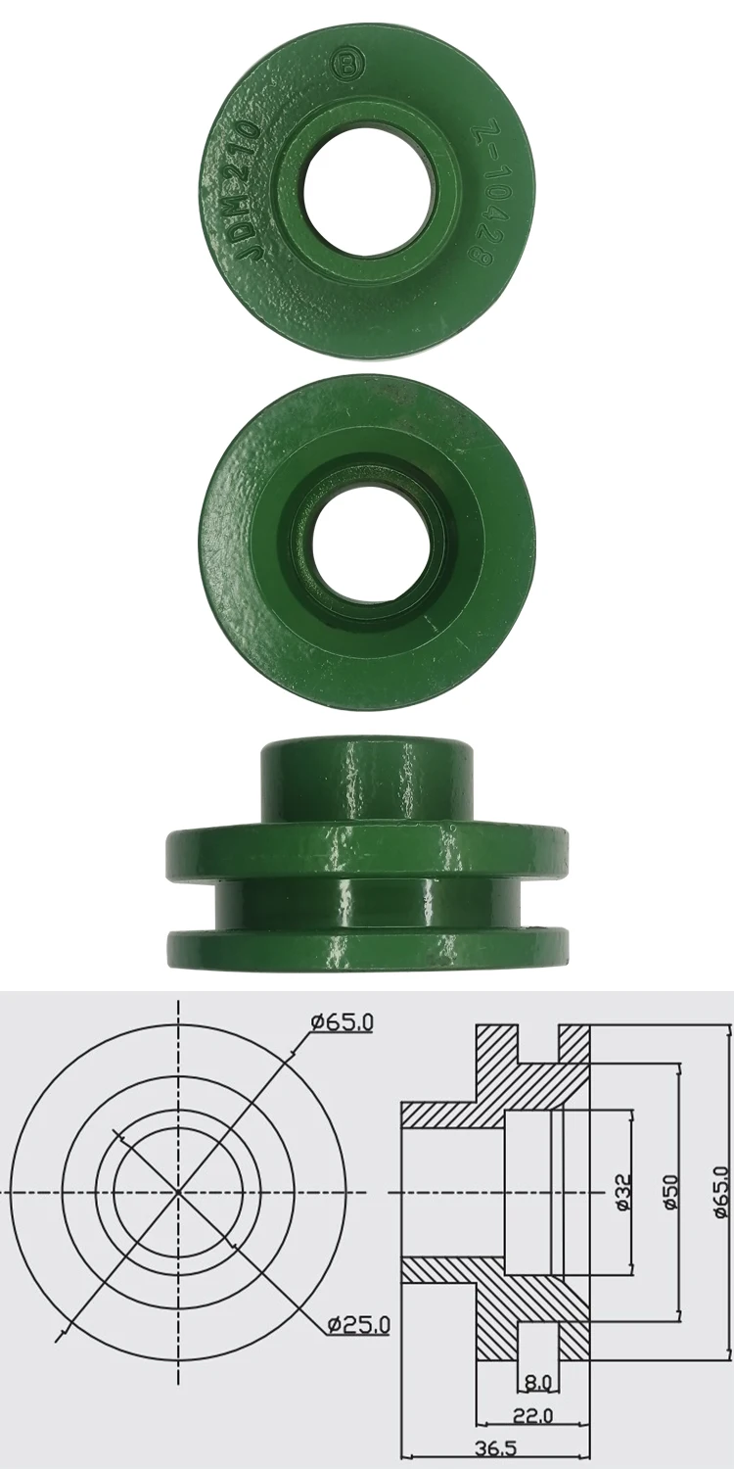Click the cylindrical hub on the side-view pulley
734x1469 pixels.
[366, 780]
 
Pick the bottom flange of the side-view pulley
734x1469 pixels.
[366, 949]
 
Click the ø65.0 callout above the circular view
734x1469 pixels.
[342, 1022]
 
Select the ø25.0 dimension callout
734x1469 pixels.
[358, 1325]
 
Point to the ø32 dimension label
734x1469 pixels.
[623, 1192]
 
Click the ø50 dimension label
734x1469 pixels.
[670, 1192]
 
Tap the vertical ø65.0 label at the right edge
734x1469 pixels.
[721, 1191]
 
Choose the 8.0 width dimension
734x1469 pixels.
[537, 1382]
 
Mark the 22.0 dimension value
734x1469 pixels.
[533, 1415]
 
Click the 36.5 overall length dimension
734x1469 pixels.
[495, 1447]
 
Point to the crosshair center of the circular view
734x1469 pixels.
[178, 1192]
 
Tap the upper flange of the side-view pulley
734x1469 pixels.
[366, 841]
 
